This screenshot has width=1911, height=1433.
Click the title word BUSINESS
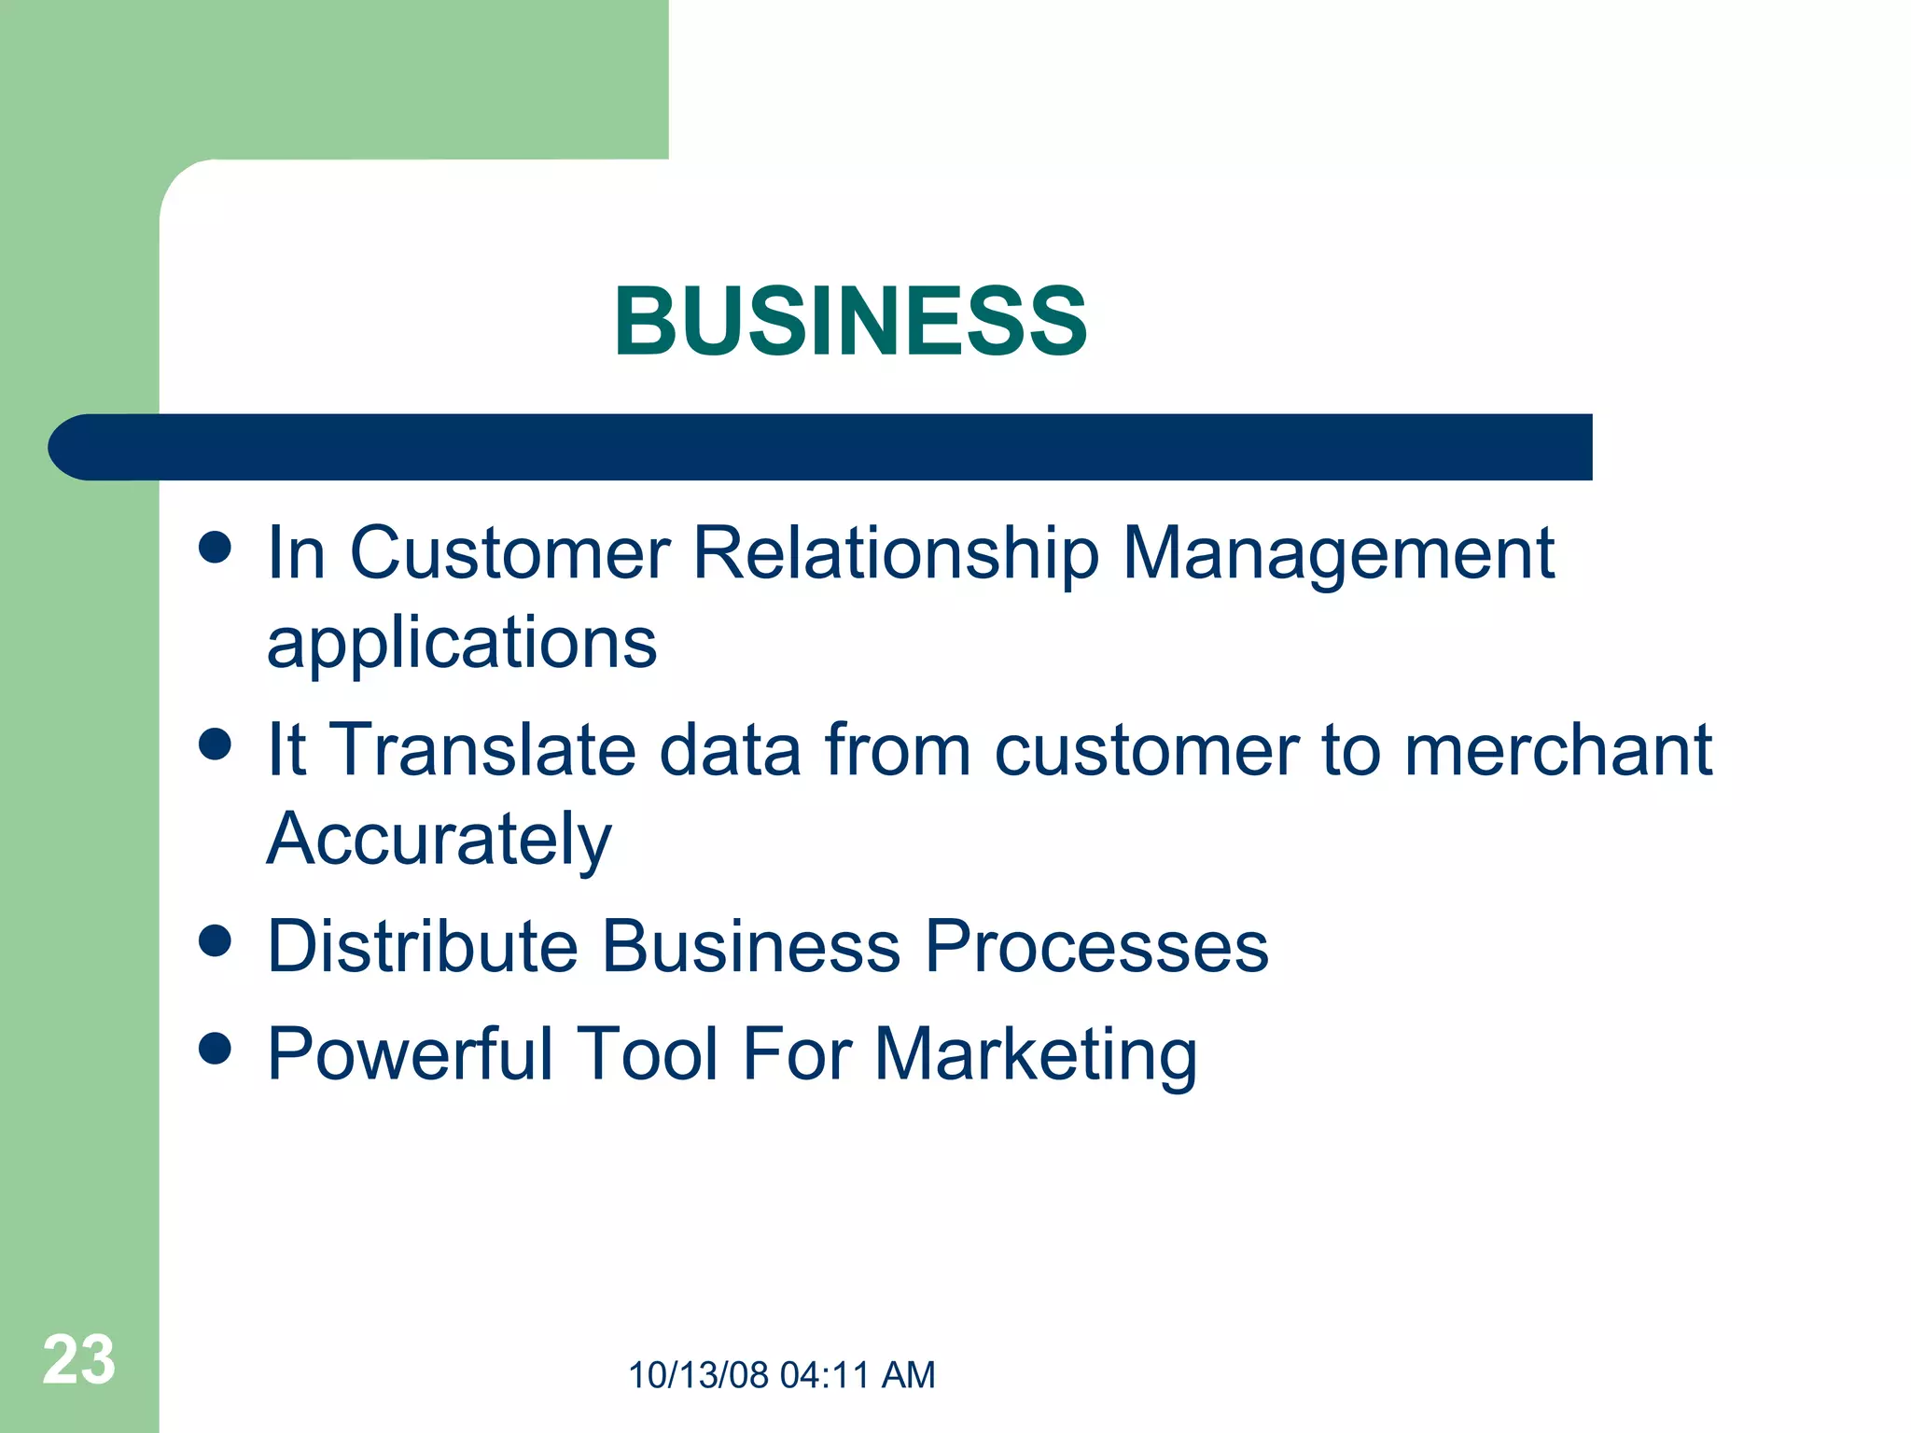(x=849, y=322)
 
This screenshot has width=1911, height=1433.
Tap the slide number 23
(x=78, y=1360)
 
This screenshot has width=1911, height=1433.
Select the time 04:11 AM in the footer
(x=857, y=1375)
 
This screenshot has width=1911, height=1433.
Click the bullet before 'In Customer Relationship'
(x=215, y=548)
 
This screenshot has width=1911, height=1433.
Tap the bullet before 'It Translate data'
(x=215, y=744)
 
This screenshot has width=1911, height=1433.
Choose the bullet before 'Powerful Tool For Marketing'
(x=215, y=1048)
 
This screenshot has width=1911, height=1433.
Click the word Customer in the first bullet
(x=509, y=553)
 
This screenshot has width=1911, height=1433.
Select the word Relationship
(x=896, y=555)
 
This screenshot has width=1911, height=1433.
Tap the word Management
(x=1337, y=555)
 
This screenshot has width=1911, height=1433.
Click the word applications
(x=462, y=644)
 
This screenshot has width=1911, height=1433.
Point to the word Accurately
(x=439, y=840)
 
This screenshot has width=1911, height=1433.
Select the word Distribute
(x=422, y=946)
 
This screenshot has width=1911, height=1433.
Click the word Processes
(x=1095, y=946)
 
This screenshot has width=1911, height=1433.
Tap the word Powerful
(x=411, y=1054)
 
